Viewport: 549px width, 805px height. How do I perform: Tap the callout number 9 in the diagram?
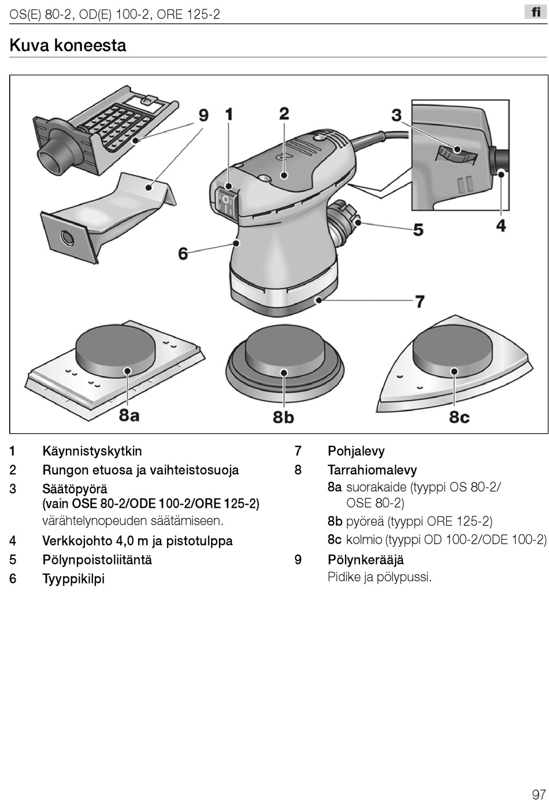(203, 115)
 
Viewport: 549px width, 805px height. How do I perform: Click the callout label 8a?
(129, 415)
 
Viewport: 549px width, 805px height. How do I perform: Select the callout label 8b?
(283, 416)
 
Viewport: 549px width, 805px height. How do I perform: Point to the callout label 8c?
(459, 416)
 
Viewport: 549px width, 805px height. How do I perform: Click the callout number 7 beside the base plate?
(420, 301)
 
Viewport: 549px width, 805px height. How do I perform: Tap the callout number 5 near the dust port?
(418, 230)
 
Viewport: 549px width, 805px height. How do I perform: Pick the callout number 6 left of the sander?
(183, 253)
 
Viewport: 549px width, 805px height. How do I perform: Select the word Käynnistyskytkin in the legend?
(92, 451)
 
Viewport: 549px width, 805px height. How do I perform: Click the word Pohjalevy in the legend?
(356, 451)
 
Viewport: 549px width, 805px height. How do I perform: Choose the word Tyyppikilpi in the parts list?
(73, 578)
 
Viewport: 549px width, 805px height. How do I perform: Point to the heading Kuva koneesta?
(68, 45)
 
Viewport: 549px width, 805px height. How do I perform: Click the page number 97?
(539, 794)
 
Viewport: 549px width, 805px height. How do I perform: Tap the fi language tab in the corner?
(536, 12)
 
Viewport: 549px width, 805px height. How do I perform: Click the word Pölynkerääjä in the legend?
(366, 560)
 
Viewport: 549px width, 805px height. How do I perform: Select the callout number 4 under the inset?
(501, 226)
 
